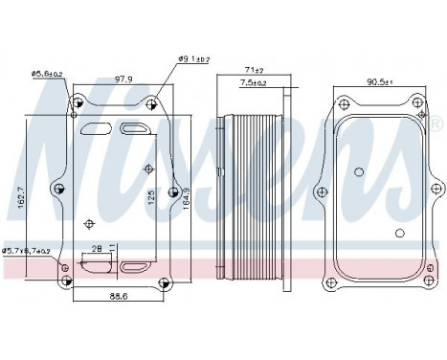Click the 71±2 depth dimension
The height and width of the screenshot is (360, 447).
point(252,70)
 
